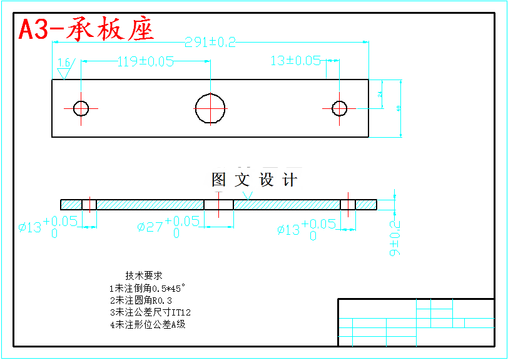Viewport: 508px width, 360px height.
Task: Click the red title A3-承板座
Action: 86,29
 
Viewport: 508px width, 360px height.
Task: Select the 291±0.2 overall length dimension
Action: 210,43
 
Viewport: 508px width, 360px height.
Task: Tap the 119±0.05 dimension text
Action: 145,61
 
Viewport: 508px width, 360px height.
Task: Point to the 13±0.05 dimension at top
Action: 295,61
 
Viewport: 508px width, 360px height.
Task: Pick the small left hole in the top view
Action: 81,108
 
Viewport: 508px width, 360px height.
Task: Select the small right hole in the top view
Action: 339,108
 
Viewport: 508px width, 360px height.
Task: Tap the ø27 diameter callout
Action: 168,226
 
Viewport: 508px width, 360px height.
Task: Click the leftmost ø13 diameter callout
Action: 48,226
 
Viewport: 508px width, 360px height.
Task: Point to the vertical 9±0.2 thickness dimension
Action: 395,238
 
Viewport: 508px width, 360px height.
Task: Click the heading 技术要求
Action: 144,275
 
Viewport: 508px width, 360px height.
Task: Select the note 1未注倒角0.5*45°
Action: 148,288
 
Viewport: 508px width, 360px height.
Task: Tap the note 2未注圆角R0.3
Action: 141,301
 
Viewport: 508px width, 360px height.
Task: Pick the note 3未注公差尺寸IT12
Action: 150,312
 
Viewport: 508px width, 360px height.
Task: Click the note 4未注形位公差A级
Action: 148,324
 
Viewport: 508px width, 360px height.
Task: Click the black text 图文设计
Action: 254,180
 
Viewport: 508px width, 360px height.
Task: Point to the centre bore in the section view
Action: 218,205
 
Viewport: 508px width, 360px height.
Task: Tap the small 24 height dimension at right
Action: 380,94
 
